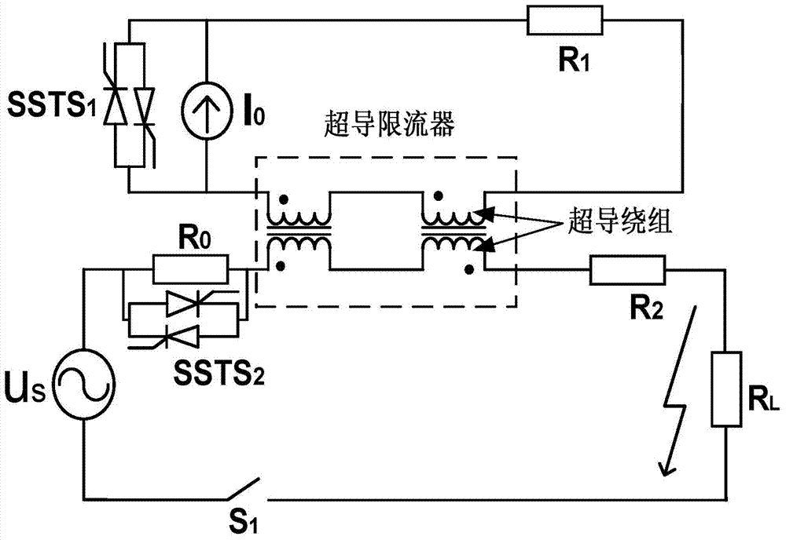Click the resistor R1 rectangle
point(566,21)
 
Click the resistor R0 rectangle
point(191,270)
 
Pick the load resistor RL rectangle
point(727,389)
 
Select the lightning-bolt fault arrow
point(678,392)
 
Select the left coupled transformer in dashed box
point(299,230)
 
